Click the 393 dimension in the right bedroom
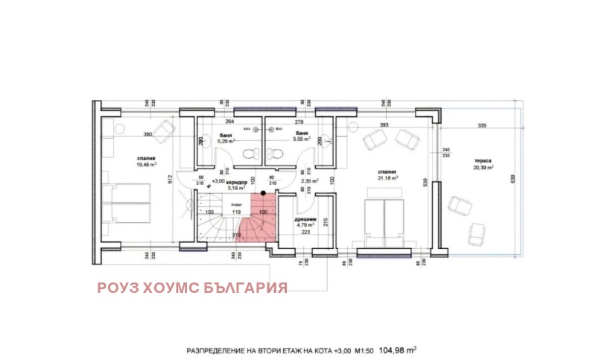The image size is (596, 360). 385,125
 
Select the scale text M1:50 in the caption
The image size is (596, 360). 361,349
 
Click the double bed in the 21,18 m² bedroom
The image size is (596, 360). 384,221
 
